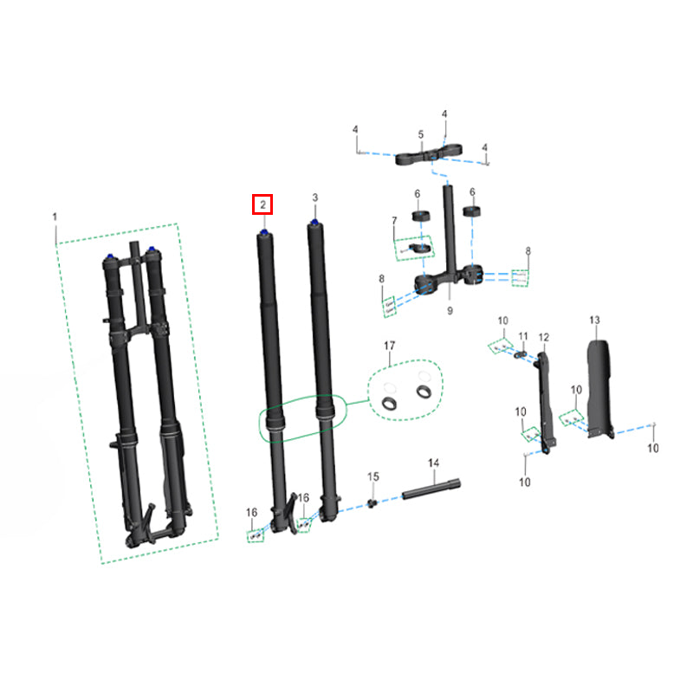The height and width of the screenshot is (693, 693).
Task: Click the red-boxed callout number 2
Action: pyautogui.click(x=263, y=204)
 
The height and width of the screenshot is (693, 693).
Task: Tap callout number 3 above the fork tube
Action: pyautogui.click(x=314, y=198)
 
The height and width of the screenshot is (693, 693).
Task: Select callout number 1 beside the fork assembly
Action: pyautogui.click(x=55, y=217)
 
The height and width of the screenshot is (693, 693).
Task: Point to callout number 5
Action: pyautogui.click(x=421, y=134)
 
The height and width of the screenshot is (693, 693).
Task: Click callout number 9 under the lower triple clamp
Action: pyautogui.click(x=450, y=311)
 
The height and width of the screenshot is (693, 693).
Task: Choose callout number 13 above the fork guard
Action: pyautogui.click(x=595, y=320)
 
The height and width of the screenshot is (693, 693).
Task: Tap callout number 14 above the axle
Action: pyautogui.click(x=434, y=463)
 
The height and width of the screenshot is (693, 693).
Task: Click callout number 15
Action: pyautogui.click(x=373, y=477)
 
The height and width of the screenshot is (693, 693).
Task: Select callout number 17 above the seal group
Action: pyautogui.click(x=389, y=346)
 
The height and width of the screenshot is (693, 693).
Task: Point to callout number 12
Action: pyautogui.click(x=544, y=338)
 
